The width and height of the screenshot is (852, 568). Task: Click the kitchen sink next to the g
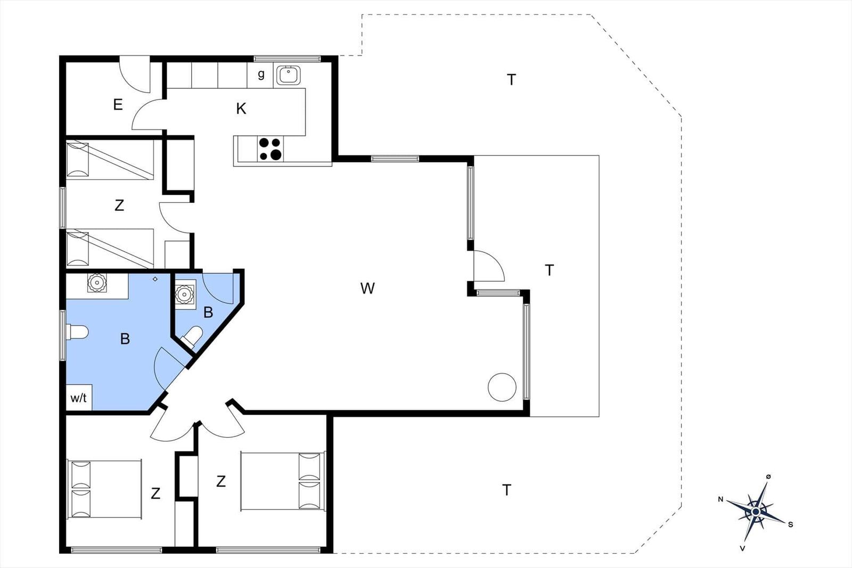tap(288, 75)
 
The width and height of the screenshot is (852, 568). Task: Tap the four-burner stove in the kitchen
tap(270, 149)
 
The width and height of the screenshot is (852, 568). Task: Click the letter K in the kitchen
tap(241, 109)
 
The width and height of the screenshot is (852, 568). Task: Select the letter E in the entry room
tap(118, 104)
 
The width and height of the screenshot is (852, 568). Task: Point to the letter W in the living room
tap(367, 288)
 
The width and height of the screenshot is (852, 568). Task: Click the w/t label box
tap(79, 398)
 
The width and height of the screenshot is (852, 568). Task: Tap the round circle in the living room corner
tap(502, 387)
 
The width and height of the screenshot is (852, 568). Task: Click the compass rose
tap(756, 512)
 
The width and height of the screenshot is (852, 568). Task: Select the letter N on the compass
tap(720, 499)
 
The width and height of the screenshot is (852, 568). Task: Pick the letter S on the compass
tap(790, 525)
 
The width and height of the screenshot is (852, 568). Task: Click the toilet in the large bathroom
tap(77, 332)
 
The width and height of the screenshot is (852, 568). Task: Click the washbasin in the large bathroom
tap(96, 283)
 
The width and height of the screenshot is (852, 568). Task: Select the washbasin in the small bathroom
tap(185, 294)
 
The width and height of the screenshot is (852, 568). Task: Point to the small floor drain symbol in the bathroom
tap(155, 279)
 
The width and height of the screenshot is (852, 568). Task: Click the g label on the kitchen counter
tap(261, 74)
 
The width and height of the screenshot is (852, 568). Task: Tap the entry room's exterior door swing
tap(135, 74)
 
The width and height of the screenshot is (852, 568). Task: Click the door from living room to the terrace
tap(489, 266)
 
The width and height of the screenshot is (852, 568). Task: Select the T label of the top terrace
tap(511, 79)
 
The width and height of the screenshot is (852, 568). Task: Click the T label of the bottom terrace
tap(506, 490)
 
